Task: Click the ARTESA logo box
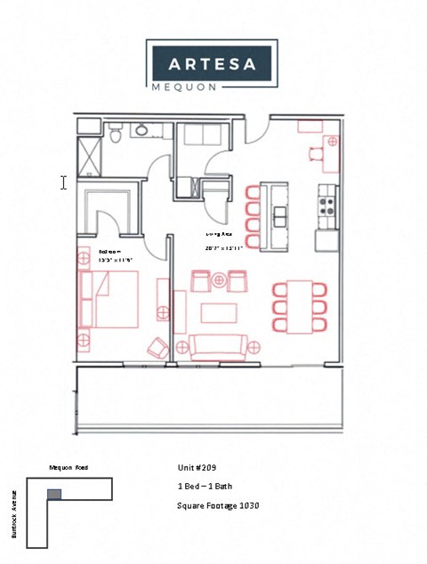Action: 213,63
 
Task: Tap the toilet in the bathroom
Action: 116,133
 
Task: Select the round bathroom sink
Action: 141,131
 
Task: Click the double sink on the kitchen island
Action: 280,216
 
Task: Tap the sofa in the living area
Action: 217,346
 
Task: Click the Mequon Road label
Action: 68,467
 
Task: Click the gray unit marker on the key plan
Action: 54,493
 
